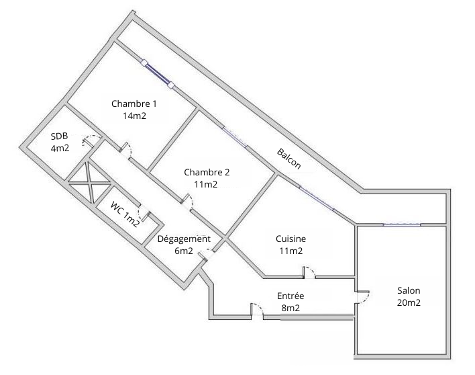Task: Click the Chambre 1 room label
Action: pos(134,103)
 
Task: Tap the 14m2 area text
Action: pos(134,116)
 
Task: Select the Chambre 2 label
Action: pos(207,172)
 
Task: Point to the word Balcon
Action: pos(288,159)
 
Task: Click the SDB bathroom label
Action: pos(59,136)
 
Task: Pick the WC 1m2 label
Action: pos(125,214)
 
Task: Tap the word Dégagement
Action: pos(184,239)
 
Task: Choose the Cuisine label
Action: pos(291,239)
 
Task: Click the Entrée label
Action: pos(291,296)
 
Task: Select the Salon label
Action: pos(409,290)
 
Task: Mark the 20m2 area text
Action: pos(409,303)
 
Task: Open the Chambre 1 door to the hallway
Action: pos(126,150)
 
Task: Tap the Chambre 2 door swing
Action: pos(188,202)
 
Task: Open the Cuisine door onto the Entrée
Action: pos(309,272)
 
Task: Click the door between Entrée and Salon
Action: pos(362,297)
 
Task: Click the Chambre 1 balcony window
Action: pos(158,74)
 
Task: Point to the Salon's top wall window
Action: pos(402,224)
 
